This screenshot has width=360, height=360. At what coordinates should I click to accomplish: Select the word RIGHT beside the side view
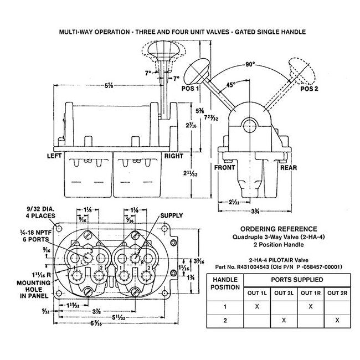(x=174, y=156)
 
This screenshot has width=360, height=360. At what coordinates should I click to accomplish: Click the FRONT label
(x=225, y=167)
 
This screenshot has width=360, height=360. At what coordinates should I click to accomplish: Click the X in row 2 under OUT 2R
(x=337, y=320)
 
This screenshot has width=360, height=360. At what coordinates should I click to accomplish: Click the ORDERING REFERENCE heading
(x=279, y=228)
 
